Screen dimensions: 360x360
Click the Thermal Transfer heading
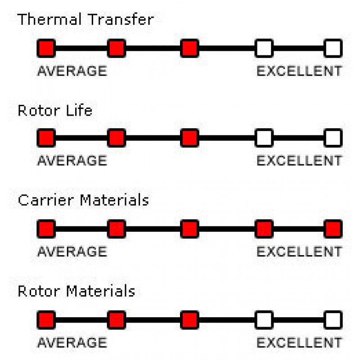coord(85,20)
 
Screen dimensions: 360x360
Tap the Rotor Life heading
coord(55,110)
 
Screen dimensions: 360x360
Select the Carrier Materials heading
coord(83,200)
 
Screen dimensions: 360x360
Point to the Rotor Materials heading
coord(76,291)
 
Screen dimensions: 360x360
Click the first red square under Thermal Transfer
coord(46,48)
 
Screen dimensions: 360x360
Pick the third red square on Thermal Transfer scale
coord(189,48)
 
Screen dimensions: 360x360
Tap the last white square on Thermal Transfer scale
coord(333,48)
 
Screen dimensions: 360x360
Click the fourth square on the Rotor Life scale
coord(264,138)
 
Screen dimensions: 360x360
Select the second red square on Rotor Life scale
coord(117,138)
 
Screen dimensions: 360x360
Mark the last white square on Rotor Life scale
coord(333,138)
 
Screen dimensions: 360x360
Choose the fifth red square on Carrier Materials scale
coord(333,229)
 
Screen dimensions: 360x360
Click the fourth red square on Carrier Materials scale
coord(264,229)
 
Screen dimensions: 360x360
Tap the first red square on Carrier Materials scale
coord(46,229)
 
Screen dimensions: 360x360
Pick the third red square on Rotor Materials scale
coord(189,320)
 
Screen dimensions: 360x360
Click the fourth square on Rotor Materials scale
coord(264,320)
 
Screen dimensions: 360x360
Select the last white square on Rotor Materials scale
coord(333,320)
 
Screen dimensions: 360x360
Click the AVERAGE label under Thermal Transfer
coord(72,71)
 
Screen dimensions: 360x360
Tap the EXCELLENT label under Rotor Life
coord(299,161)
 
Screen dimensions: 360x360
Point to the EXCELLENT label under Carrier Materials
coord(299,252)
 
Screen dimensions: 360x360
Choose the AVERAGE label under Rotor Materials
coord(72,343)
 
